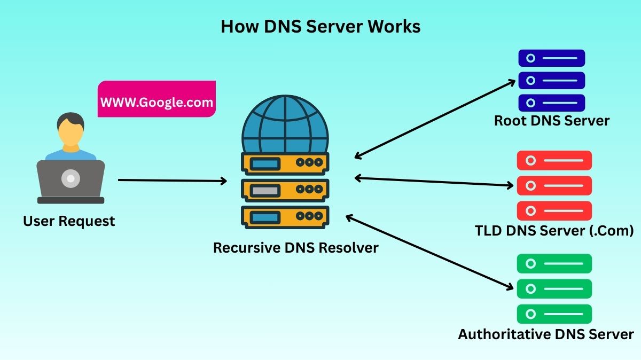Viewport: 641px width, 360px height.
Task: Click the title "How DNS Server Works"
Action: point(320,27)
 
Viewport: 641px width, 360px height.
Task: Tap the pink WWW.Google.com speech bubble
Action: point(157,100)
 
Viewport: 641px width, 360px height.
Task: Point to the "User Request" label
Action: point(69,221)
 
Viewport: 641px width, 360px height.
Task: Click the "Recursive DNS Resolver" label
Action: point(295,248)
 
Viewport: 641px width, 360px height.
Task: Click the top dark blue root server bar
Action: point(551,58)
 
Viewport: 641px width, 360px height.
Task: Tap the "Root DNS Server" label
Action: point(551,121)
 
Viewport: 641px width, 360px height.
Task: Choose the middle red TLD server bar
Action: point(554,186)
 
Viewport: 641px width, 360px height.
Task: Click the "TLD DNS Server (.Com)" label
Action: point(554,231)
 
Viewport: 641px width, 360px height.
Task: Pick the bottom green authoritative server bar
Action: point(554,314)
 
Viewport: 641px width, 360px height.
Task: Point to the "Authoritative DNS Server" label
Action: point(545,334)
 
